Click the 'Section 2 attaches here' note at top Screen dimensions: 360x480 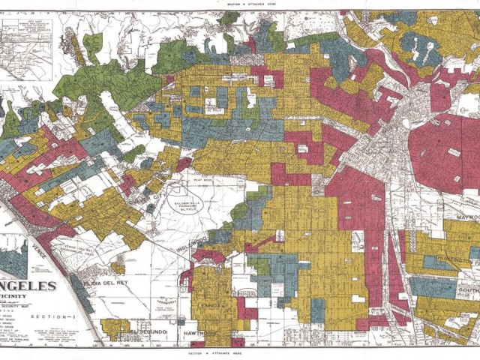pos(239,4)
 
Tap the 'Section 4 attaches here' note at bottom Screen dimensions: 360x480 pos(239,352)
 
